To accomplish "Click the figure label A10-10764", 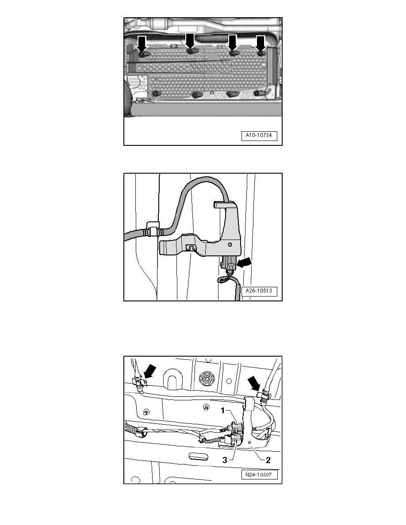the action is tap(259, 136).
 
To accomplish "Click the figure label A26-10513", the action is tap(259, 291).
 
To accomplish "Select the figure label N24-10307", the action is tap(259, 475).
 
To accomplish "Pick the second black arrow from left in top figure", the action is tap(190, 41).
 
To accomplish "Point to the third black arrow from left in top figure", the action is tap(232, 42).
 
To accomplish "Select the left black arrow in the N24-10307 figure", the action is tap(149, 371).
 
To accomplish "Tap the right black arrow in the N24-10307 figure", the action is tap(253, 382).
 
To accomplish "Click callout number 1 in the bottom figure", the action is tap(223, 410).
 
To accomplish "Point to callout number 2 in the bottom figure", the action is tap(268, 460).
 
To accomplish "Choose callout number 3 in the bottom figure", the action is tap(225, 460).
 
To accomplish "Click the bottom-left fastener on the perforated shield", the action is tap(157, 94).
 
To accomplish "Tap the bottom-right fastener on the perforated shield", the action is tap(259, 93).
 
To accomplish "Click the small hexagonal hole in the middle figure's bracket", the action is tap(230, 244).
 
